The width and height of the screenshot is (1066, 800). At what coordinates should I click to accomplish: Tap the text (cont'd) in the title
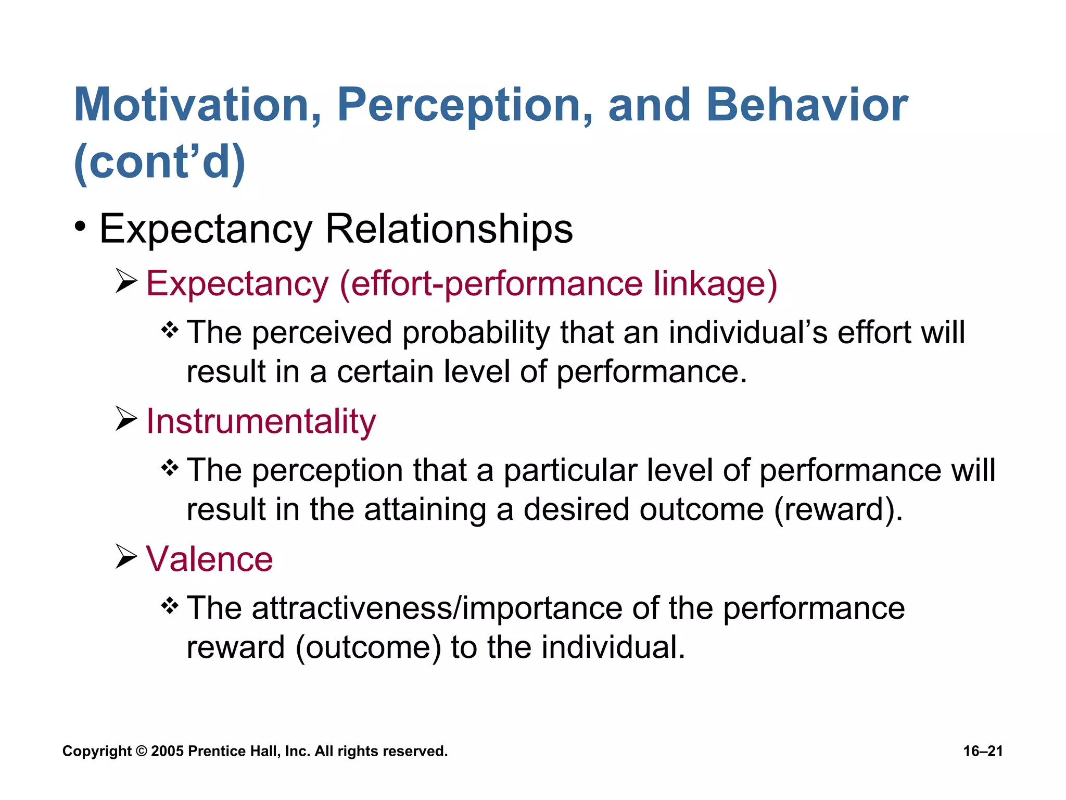coord(159,162)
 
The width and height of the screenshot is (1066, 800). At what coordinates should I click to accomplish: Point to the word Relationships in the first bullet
coord(449,229)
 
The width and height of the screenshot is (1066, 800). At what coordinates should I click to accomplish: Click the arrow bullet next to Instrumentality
coord(125,420)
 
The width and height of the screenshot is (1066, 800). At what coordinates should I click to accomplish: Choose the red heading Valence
coord(209,559)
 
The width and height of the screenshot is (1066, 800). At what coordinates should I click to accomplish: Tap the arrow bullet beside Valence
coord(125,557)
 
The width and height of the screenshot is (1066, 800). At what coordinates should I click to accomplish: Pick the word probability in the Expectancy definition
coord(476,333)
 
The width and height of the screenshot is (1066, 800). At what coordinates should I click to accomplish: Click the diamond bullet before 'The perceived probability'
coord(170,330)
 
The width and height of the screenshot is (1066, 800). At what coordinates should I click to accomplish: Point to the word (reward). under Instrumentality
coord(838,509)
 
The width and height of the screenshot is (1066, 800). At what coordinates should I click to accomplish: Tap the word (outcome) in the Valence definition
coord(368,648)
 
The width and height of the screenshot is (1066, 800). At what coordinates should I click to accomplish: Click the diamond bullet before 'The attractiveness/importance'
coord(170,606)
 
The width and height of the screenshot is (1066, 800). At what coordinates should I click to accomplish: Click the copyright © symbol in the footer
coord(141,752)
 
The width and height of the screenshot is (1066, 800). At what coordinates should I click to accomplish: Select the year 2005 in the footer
coord(167,752)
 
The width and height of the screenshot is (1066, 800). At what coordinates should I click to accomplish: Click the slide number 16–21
coord(983,751)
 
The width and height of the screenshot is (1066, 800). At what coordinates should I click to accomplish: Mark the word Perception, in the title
coord(464,105)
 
